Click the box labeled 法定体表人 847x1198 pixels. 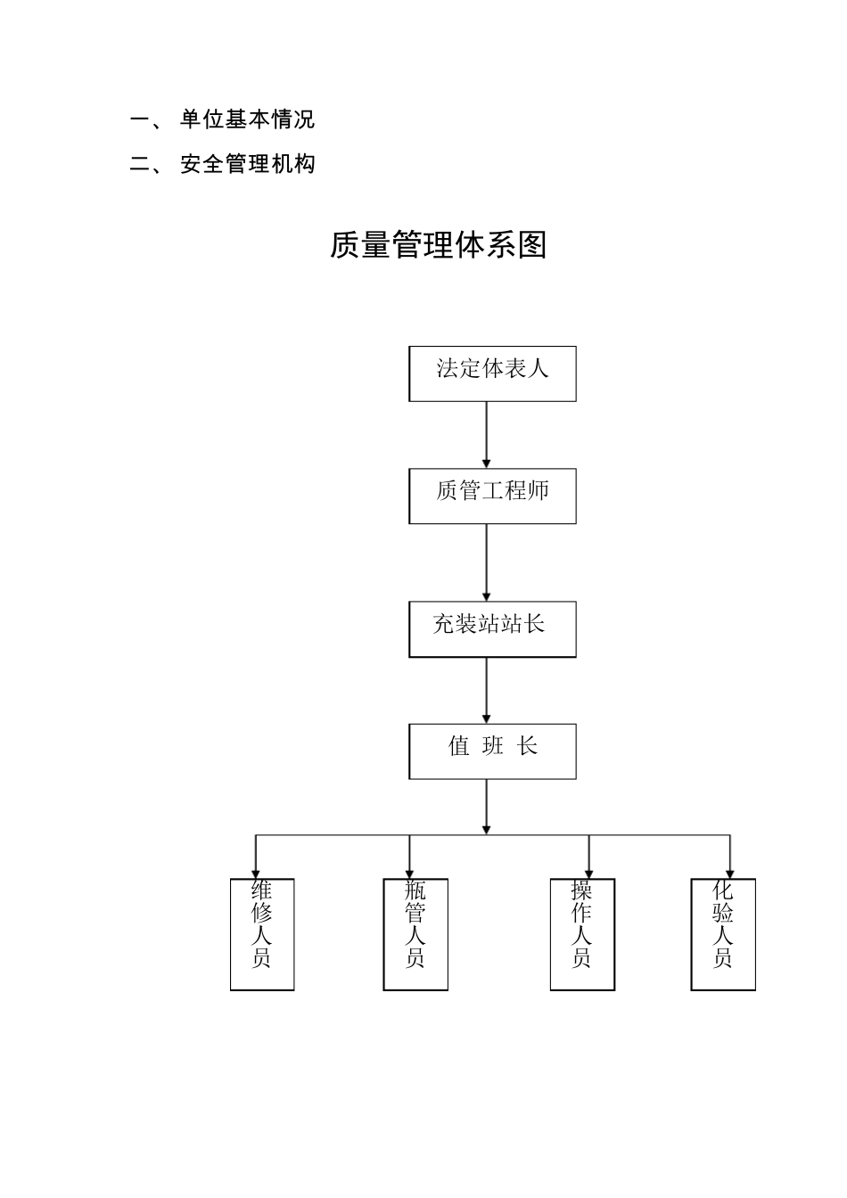point(492,373)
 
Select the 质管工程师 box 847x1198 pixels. point(492,496)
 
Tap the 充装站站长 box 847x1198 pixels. point(492,628)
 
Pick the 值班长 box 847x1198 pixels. point(492,751)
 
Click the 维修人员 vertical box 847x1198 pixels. point(262,934)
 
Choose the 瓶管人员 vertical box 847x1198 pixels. point(415,934)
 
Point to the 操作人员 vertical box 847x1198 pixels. point(582,934)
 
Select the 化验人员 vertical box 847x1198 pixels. point(723,934)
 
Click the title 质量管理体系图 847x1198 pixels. point(438,245)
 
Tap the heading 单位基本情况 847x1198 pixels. point(247,119)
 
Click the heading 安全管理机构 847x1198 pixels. point(247,164)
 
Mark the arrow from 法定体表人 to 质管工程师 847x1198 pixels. point(487,434)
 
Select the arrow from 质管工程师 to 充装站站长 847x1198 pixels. point(487,562)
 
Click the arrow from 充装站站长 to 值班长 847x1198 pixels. point(487,690)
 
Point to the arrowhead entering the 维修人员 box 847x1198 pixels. point(257,873)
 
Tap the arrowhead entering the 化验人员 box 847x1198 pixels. point(730,873)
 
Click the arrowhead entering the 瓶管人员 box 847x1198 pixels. point(410,873)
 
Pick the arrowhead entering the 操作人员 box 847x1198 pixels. point(589,873)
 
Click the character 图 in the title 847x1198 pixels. point(532,245)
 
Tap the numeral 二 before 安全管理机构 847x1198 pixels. point(141,165)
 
